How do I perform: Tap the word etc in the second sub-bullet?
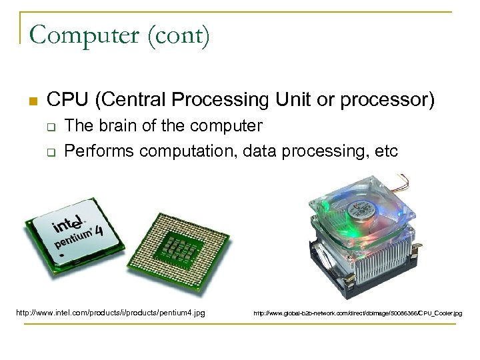(x=385, y=151)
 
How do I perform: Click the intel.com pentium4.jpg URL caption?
(x=110, y=311)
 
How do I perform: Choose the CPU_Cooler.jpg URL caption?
(x=357, y=313)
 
